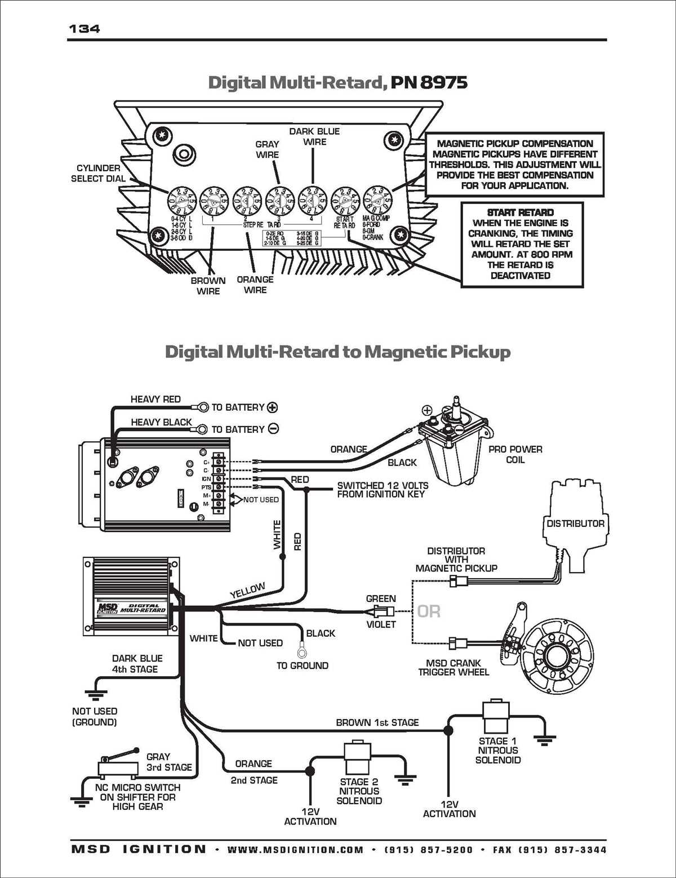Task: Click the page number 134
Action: [x=84, y=29]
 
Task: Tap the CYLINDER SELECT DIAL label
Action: [x=98, y=173]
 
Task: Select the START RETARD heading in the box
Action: [x=520, y=212]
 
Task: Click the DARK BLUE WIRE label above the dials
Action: [x=314, y=136]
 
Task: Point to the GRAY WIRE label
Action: [x=267, y=149]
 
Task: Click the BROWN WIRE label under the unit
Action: [x=208, y=286]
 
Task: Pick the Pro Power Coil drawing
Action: [x=456, y=445]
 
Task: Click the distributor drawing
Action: [x=575, y=524]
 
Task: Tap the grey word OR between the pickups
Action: [x=429, y=611]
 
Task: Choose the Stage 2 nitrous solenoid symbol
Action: [x=358, y=759]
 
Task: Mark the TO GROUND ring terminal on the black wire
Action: [x=303, y=652]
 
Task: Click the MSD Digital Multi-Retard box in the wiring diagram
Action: [x=131, y=596]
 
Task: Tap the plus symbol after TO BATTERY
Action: [x=273, y=407]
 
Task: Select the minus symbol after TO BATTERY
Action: [x=273, y=429]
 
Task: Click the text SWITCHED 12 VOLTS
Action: [x=383, y=485]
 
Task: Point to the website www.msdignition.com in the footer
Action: [x=295, y=850]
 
